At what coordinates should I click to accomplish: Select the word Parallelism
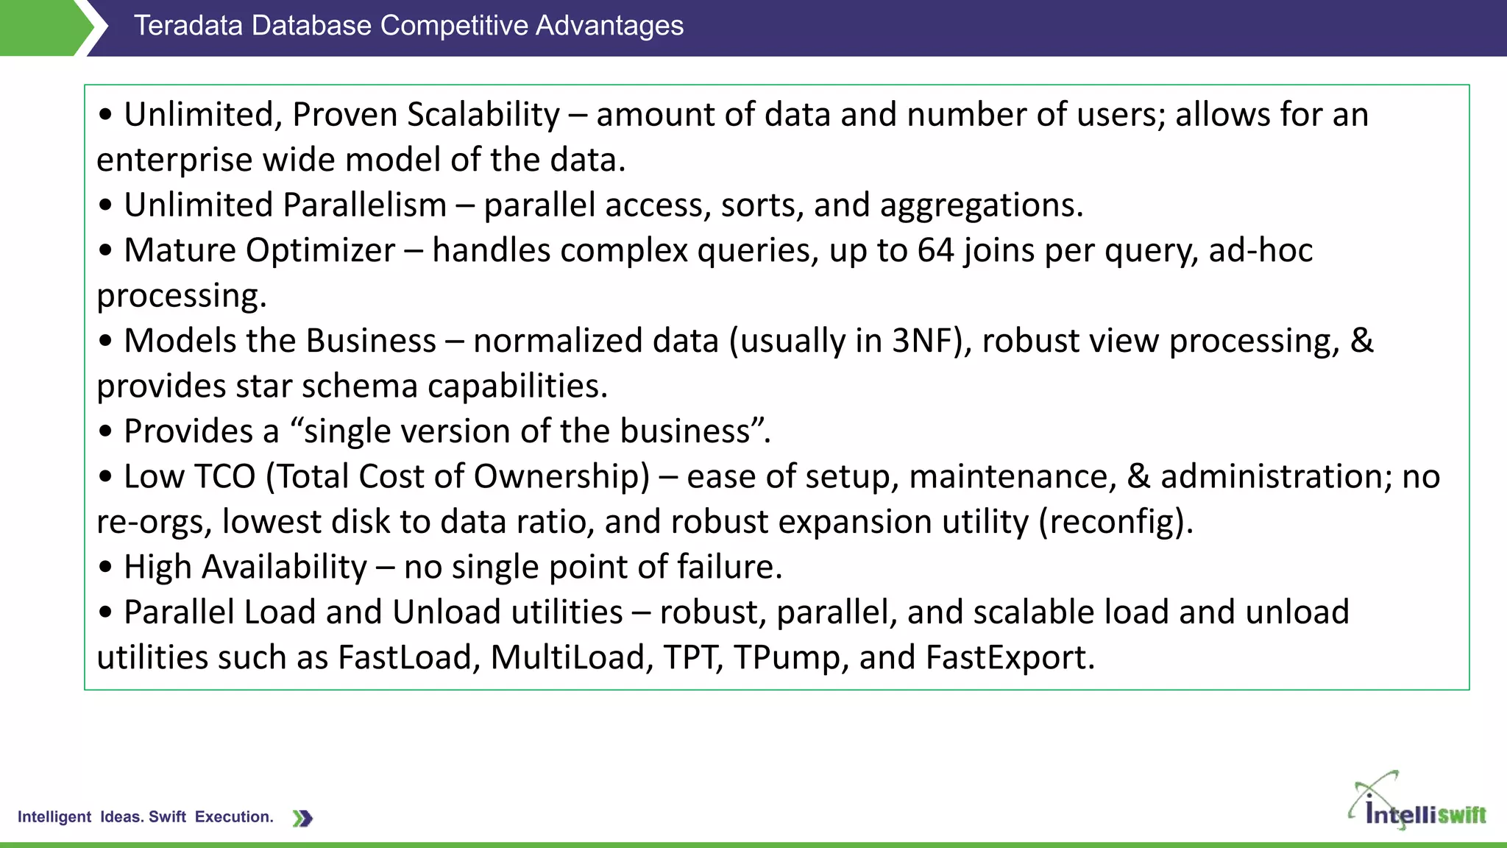click(x=365, y=205)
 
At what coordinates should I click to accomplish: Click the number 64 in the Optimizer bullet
click(x=935, y=250)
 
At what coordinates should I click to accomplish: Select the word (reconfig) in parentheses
click(x=1116, y=522)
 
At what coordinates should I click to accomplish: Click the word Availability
click(x=284, y=568)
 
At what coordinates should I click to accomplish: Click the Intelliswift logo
click(x=1416, y=804)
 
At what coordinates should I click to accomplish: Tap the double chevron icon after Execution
click(x=302, y=818)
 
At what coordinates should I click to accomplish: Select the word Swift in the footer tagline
click(x=167, y=817)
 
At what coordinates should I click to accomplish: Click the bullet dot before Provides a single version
click(x=106, y=432)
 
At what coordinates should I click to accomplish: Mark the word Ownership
click(x=561, y=477)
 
